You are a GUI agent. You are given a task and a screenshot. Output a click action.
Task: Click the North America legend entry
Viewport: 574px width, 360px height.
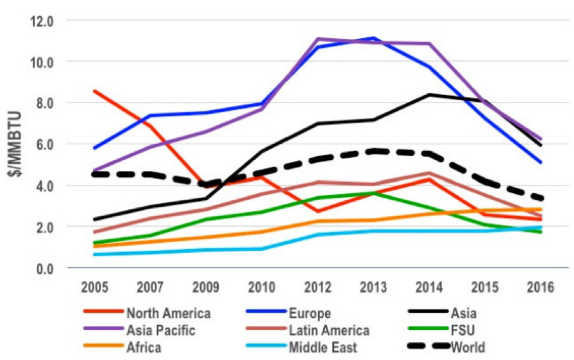coord(168,313)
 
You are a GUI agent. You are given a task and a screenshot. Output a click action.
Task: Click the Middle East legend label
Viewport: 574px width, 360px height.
coord(323,348)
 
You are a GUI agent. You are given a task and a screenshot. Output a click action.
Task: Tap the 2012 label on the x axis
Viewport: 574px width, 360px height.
coord(317,288)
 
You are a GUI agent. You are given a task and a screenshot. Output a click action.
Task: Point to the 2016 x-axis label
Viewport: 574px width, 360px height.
coord(541,288)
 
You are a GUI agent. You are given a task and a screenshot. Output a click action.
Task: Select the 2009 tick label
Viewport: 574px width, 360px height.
coord(205,288)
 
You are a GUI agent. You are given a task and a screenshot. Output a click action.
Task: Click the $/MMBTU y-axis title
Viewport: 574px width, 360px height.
coord(16,144)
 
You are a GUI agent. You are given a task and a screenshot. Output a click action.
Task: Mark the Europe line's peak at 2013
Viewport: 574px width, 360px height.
coord(373,38)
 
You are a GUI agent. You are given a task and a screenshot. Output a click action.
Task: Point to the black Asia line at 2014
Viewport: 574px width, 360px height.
coord(429,94)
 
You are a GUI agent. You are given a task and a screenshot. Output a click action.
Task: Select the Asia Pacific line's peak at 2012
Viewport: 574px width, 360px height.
coord(317,39)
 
